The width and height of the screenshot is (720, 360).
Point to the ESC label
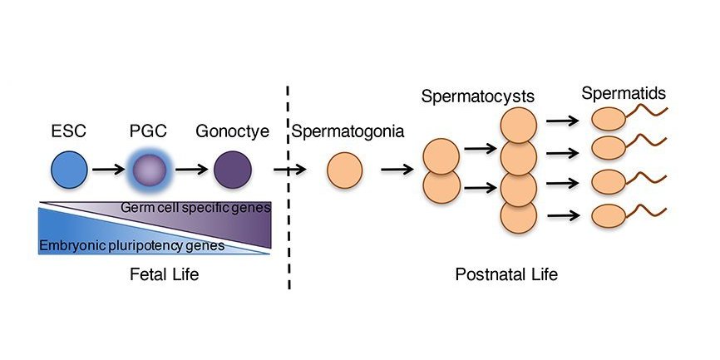[69, 131]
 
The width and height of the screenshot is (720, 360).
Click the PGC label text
[150, 131]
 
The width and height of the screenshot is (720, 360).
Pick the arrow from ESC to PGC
[108, 171]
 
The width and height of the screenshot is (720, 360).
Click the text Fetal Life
[153, 274]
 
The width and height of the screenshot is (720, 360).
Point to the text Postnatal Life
[506, 274]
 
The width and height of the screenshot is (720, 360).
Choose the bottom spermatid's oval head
[606, 215]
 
